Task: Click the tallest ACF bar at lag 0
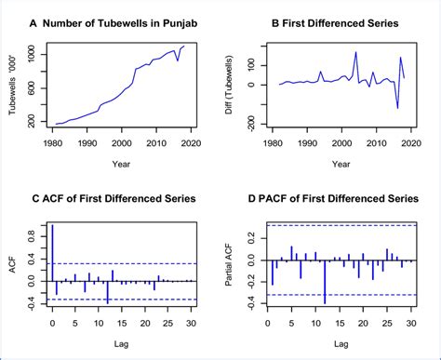coord(52,252)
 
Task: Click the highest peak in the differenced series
coord(355,53)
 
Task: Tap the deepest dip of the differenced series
coord(397,106)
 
